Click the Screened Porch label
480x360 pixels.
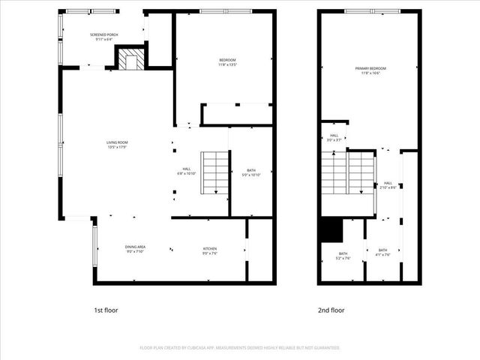coord(103,37)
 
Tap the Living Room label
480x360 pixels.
coord(116,145)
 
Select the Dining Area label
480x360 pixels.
coord(135,249)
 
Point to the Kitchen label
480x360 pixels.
coord(209,249)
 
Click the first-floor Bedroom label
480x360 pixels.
coord(227,62)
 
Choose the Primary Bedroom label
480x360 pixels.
coord(367,70)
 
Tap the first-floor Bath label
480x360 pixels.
coord(251,172)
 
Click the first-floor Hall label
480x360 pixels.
coord(187,171)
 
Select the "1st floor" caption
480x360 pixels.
coord(106,310)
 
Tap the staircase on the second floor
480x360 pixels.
coord(347,173)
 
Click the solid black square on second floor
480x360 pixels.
coord(331,229)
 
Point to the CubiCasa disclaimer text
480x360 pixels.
coord(240,348)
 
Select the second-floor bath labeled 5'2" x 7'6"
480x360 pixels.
coord(343,256)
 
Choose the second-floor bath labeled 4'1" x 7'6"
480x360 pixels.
coord(382,252)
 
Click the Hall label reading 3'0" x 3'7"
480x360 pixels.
coord(334,138)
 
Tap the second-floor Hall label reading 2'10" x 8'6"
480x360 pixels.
coord(388,184)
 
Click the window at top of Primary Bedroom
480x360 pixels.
coord(373,11)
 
